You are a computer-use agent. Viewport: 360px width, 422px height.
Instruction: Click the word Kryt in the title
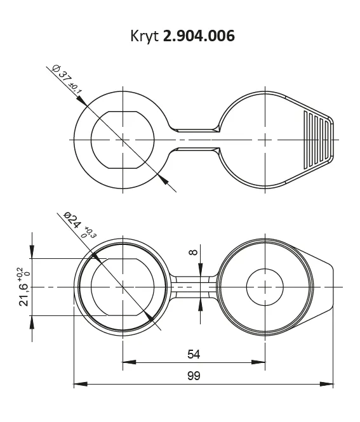144,36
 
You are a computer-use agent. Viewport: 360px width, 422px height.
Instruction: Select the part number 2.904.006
199,36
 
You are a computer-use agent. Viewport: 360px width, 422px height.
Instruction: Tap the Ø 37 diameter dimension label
62,74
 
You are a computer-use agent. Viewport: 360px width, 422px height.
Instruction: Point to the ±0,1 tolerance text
76,89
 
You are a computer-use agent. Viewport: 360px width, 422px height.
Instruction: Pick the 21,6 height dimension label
23,294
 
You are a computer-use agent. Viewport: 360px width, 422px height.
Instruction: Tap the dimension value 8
193,252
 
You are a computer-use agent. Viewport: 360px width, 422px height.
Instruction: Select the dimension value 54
194,354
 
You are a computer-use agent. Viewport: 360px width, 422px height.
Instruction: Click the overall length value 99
194,376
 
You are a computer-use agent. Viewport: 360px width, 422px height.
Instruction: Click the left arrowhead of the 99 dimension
81,384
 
